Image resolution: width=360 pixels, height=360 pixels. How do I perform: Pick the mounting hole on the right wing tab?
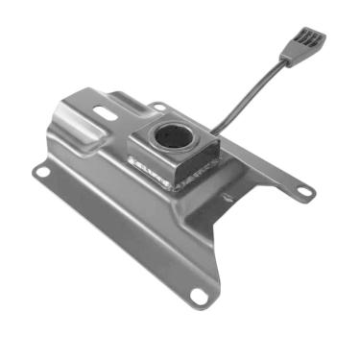tap(304, 193)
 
